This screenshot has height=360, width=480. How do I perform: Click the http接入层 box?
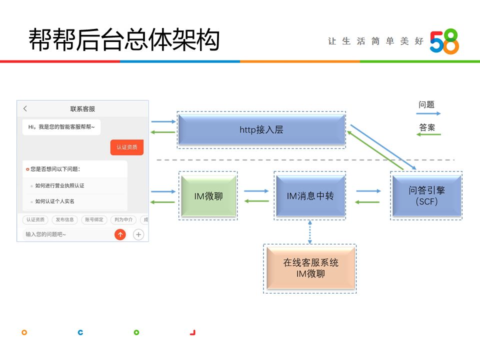261,129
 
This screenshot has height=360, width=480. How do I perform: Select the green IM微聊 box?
208,196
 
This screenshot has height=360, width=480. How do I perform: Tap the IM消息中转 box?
310,196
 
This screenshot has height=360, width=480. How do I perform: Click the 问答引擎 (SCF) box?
426,196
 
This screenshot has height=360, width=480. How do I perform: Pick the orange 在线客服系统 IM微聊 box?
310,268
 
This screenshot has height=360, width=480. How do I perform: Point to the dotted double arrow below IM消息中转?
310,231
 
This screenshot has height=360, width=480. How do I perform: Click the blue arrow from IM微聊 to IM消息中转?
256,190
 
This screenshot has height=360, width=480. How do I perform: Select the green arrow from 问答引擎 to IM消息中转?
367,202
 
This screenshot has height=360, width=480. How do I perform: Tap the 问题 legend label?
426,105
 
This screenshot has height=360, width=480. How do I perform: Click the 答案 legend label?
426,127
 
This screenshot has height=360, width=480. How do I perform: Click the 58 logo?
444,41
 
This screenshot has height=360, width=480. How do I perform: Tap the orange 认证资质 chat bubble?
127,147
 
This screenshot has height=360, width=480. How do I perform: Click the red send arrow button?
120,234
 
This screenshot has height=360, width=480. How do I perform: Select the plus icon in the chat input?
138,234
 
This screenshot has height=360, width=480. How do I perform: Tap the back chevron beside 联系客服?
25,108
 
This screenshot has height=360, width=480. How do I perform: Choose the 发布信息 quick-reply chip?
65,219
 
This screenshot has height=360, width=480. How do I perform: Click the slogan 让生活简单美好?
375,41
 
